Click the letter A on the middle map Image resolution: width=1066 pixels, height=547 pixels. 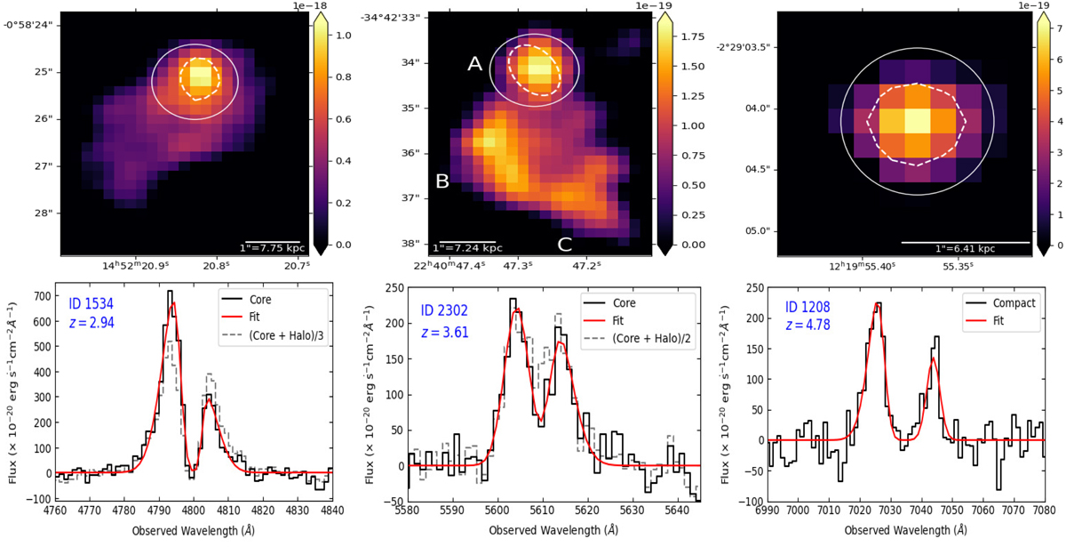(474, 63)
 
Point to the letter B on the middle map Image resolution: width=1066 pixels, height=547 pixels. (442, 181)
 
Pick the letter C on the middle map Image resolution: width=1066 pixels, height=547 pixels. (564, 244)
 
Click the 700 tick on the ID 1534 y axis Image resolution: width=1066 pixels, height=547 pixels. (36, 293)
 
